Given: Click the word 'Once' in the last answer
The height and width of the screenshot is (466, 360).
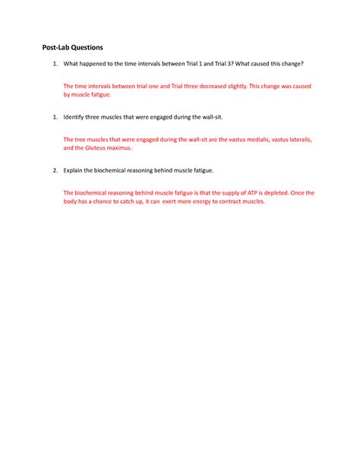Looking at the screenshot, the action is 305,193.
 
